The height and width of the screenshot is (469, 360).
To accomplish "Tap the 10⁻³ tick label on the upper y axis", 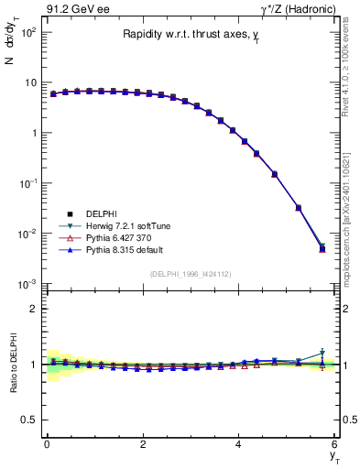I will coord(27,284).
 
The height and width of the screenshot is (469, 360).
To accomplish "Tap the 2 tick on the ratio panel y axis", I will coord(33,309).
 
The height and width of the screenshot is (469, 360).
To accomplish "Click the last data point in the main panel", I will coord(322,248).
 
